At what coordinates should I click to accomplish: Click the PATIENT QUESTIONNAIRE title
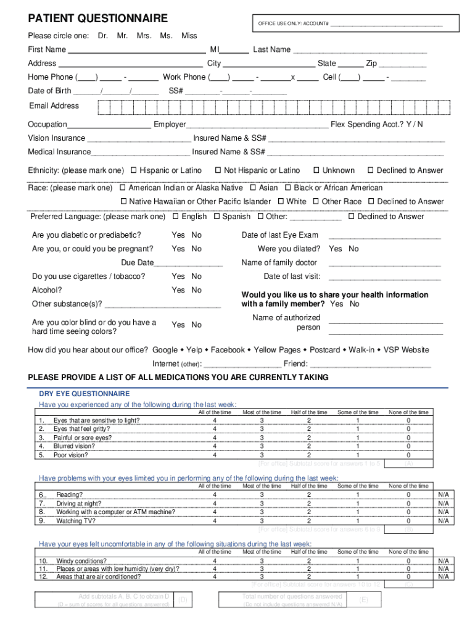(97, 19)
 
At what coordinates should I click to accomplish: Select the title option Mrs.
(144, 36)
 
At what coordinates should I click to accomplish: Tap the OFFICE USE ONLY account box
(355, 23)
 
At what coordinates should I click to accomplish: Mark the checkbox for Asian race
(253, 188)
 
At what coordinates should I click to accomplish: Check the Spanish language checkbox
(217, 217)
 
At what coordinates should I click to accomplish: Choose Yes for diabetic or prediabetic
(178, 235)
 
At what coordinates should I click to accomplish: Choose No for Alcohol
(196, 290)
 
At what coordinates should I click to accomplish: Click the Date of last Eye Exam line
(385, 236)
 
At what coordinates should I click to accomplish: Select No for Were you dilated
(353, 249)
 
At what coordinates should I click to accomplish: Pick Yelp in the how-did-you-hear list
(195, 350)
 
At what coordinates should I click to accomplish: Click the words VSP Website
(406, 350)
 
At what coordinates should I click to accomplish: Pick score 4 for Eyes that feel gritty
(215, 429)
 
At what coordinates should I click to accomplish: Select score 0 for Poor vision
(408, 455)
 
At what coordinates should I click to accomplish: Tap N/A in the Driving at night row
(443, 504)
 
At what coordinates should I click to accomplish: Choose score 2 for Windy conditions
(308, 561)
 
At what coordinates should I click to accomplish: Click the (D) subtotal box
(183, 600)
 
